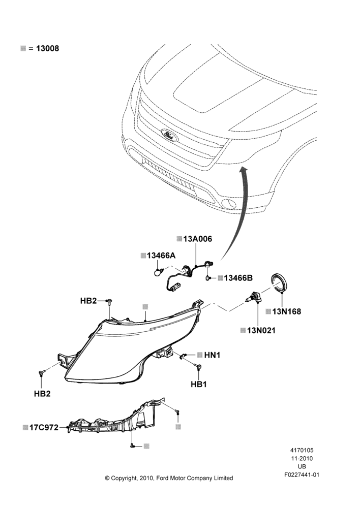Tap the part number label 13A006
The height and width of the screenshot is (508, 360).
(x=197, y=239)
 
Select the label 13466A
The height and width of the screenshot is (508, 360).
(x=161, y=256)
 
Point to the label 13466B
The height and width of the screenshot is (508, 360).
(x=238, y=278)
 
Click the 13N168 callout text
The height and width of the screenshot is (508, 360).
(x=287, y=312)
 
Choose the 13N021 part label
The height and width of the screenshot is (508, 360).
(x=261, y=331)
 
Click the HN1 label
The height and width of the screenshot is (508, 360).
(x=213, y=355)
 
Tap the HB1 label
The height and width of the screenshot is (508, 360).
(x=199, y=384)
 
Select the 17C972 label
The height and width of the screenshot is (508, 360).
(x=44, y=428)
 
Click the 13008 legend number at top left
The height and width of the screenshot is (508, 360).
(x=47, y=49)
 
